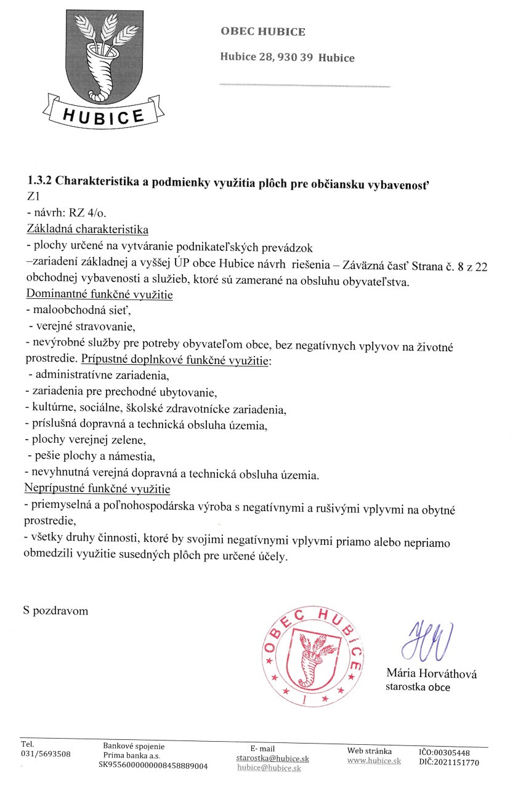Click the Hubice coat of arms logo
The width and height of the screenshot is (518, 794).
(x=103, y=68)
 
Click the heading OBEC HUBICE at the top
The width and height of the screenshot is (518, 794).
(x=262, y=32)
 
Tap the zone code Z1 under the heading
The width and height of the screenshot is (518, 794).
(x=33, y=198)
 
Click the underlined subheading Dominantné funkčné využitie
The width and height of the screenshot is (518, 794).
(x=99, y=295)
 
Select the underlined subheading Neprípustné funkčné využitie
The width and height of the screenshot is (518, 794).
(x=97, y=489)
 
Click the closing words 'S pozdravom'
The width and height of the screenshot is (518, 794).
(x=55, y=611)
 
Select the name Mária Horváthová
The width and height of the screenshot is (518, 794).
(x=431, y=673)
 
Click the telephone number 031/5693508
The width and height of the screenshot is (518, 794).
(x=46, y=754)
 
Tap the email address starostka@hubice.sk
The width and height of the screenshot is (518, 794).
(x=272, y=758)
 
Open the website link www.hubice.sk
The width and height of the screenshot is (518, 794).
(x=374, y=761)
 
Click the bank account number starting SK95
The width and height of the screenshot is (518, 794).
(x=153, y=766)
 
